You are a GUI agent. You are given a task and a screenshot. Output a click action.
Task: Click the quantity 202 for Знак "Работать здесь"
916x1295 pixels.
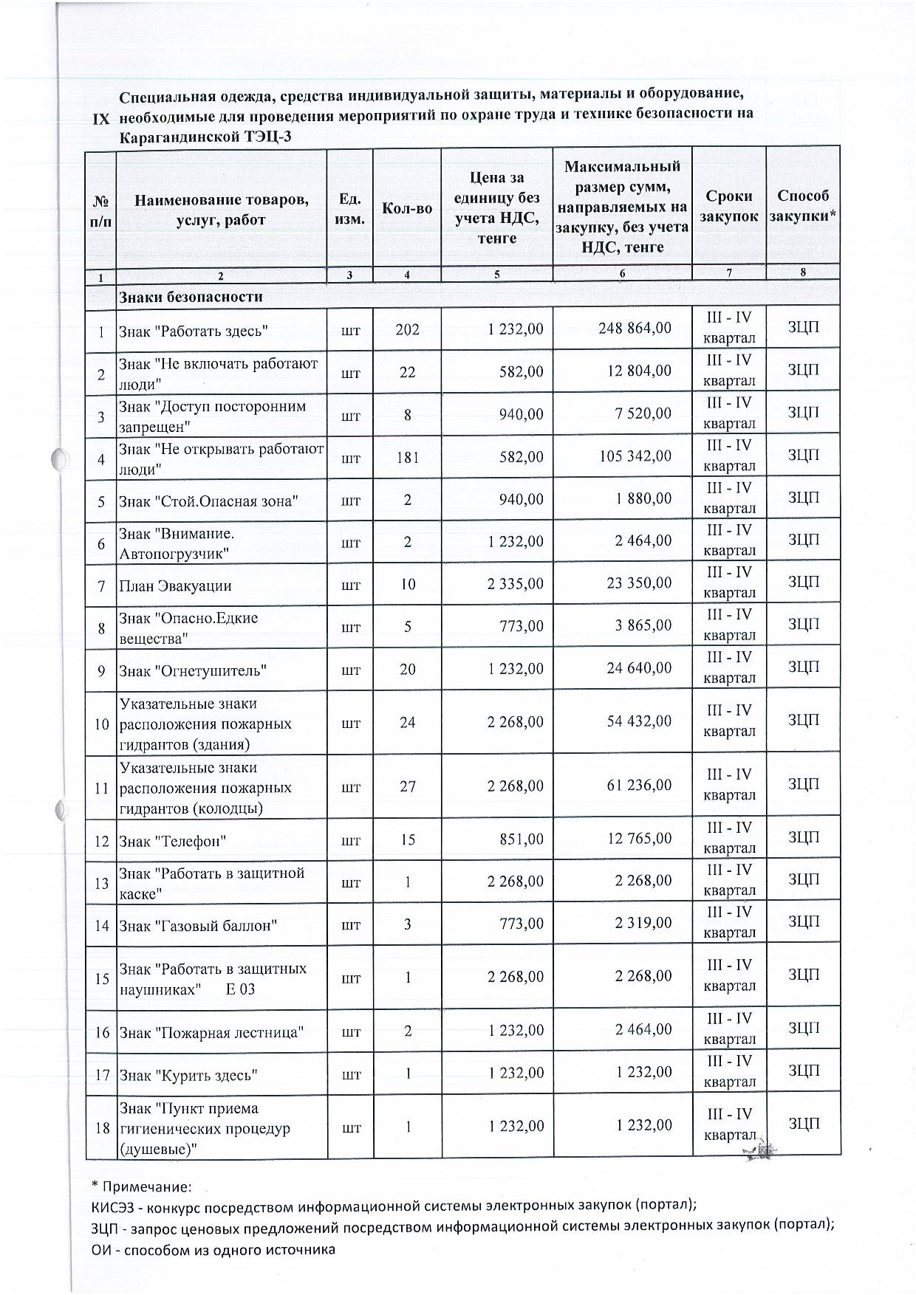[x=407, y=329]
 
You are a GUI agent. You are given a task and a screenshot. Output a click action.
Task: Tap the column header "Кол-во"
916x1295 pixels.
[x=407, y=208]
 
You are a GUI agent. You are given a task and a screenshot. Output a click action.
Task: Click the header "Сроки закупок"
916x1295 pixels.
[x=729, y=206]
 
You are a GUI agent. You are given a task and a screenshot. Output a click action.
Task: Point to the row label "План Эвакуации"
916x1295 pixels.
[x=175, y=586]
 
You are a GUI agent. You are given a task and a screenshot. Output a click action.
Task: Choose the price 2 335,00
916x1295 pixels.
[x=516, y=583]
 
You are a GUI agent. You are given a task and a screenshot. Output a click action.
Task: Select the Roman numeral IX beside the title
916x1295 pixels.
[x=100, y=120]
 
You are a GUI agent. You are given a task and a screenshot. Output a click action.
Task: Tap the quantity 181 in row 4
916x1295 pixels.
[x=407, y=457]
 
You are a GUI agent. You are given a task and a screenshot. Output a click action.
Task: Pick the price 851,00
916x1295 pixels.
[x=521, y=839]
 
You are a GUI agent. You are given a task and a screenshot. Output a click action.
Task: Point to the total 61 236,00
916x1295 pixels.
[x=639, y=786]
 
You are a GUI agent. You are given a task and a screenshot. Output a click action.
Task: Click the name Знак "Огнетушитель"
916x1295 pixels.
[x=193, y=670]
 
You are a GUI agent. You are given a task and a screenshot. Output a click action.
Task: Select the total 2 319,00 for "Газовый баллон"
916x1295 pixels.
[x=643, y=923]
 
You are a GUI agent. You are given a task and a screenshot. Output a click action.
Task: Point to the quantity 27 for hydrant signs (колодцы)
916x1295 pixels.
[x=407, y=787]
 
